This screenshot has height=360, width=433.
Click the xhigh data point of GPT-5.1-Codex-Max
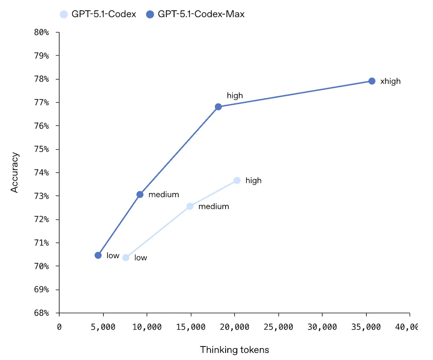372,81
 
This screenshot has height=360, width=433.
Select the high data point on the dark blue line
218,107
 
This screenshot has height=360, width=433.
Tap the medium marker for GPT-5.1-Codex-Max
140,195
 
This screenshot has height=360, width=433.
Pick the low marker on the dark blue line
98,255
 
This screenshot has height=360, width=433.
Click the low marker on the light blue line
126,257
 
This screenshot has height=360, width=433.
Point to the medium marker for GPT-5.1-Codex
190,206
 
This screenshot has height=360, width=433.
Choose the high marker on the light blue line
237,180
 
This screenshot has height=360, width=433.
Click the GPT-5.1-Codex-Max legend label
201,14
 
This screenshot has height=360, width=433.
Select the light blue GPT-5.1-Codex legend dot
64,14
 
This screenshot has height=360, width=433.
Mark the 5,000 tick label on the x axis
103,327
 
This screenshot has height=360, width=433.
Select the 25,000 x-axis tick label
278,327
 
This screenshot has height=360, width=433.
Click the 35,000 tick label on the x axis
366,327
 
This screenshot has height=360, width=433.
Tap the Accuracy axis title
15,172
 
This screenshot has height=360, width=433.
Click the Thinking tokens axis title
234,350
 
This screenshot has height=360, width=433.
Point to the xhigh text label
390,81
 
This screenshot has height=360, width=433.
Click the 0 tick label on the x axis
60,327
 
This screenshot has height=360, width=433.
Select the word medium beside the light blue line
213,207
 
